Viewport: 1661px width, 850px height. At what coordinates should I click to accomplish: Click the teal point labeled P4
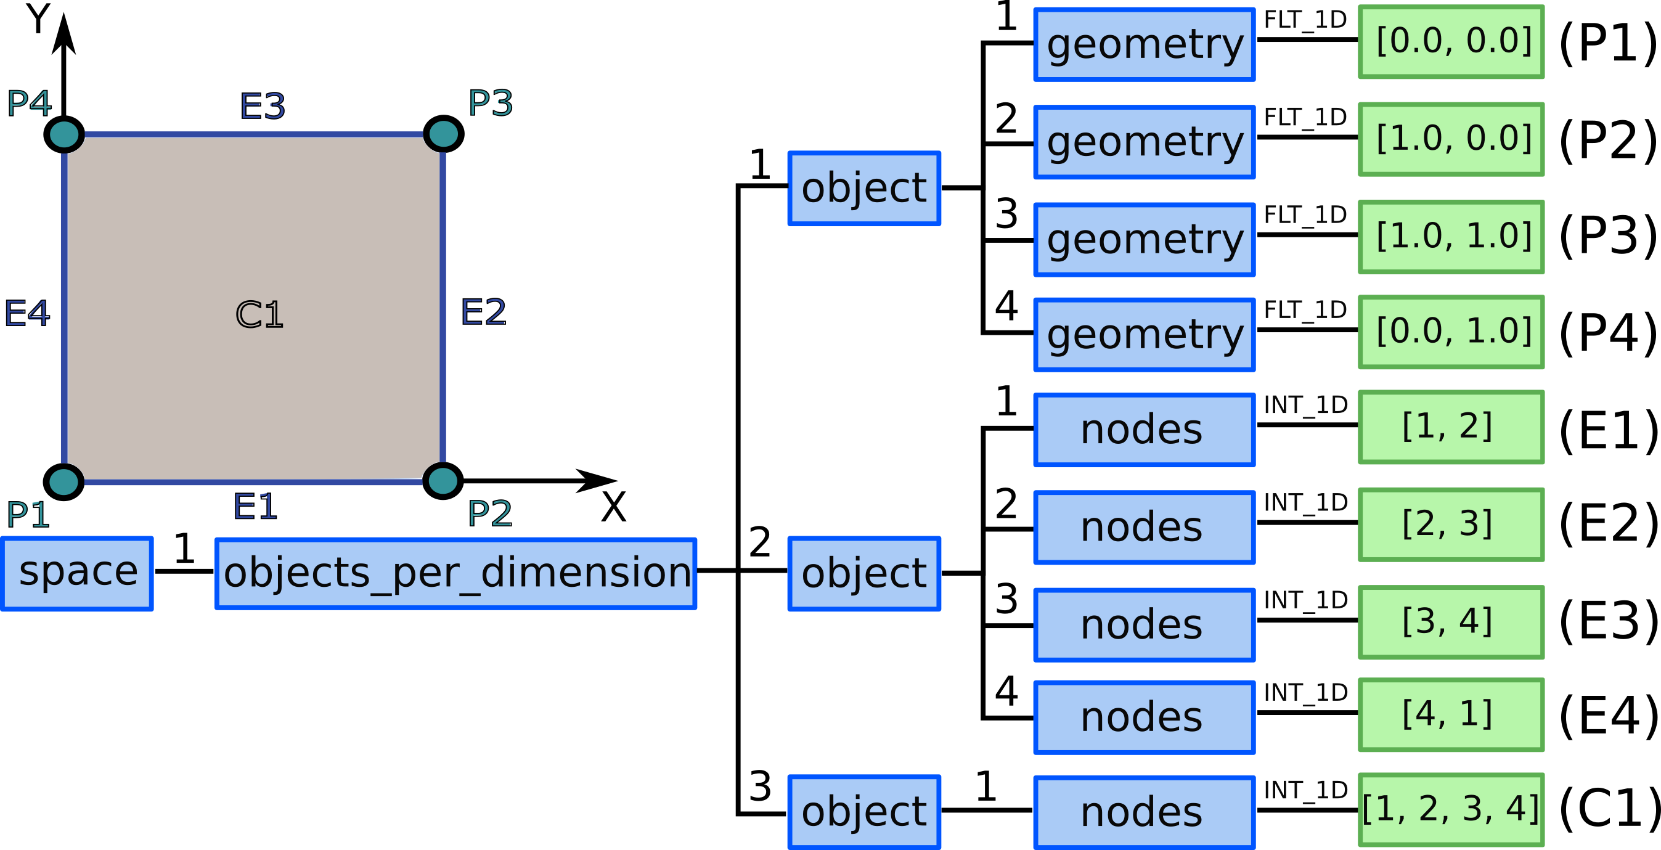[x=65, y=134]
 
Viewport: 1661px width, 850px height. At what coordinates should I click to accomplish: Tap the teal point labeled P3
[x=444, y=134]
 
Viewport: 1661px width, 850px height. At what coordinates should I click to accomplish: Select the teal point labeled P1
[x=64, y=482]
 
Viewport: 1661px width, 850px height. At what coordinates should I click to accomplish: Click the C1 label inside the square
[x=259, y=315]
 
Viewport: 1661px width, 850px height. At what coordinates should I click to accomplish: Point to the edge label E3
[x=263, y=107]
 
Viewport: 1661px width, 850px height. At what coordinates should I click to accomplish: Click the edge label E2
[x=484, y=313]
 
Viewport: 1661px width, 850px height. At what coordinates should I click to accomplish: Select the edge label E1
[x=255, y=507]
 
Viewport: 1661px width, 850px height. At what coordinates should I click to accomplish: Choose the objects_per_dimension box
[x=456, y=573]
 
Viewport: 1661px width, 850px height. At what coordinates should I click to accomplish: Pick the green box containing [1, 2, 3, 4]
[x=1451, y=810]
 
